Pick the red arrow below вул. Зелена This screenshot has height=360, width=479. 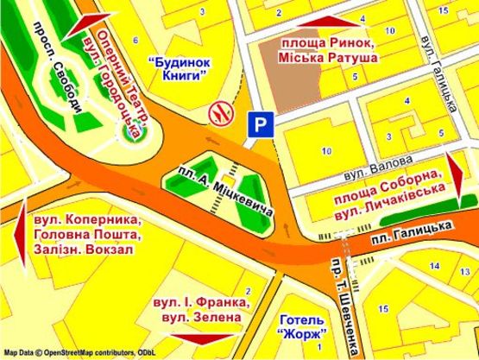coord(205,340)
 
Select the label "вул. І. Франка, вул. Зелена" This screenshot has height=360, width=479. coord(205,310)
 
